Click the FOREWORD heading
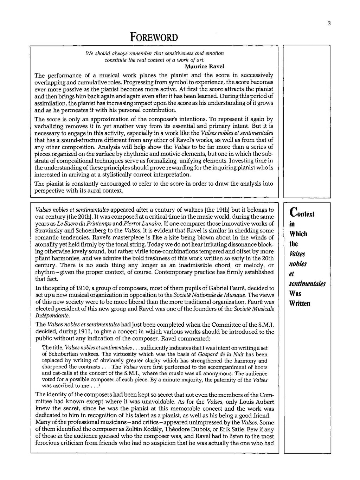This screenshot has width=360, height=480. coord(154,37)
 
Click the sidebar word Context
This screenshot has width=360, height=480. coord(302,212)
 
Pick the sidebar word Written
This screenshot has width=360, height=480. coord(300,303)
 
